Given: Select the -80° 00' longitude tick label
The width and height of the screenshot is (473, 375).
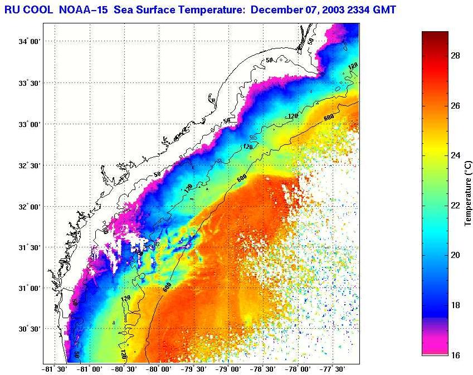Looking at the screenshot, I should (159, 368).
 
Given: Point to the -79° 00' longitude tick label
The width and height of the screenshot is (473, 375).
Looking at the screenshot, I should (229, 368).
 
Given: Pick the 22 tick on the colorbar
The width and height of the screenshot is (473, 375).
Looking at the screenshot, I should (455, 206).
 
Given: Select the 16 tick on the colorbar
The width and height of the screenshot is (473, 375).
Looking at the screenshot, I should (455, 354).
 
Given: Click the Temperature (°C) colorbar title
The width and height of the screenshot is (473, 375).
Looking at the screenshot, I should (469, 193).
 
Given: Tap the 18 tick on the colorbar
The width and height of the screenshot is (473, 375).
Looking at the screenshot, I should (455, 305).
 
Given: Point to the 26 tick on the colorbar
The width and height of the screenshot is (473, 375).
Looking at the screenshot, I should (455, 106).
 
